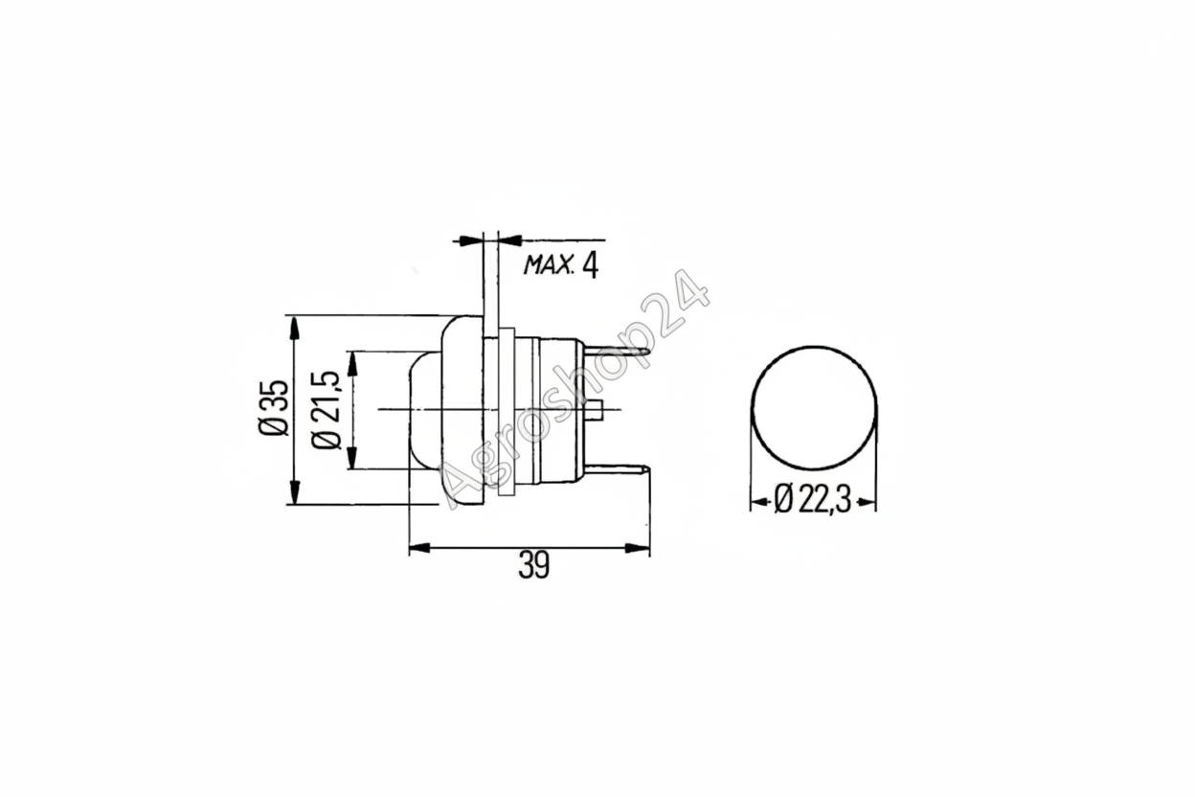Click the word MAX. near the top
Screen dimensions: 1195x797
(549, 265)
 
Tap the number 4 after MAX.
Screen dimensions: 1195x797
(590, 265)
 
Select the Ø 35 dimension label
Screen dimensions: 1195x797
(274, 408)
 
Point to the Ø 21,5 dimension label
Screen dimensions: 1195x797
(325, 410)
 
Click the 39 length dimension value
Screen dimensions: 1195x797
(533, 565)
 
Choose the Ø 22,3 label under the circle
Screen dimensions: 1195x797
(813, 501)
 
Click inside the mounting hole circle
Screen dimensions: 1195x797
(814, 408)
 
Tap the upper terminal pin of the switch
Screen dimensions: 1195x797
(619, 352)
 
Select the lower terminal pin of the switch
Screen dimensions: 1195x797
(619, 469)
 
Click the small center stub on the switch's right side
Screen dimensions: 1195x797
(595, 410)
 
